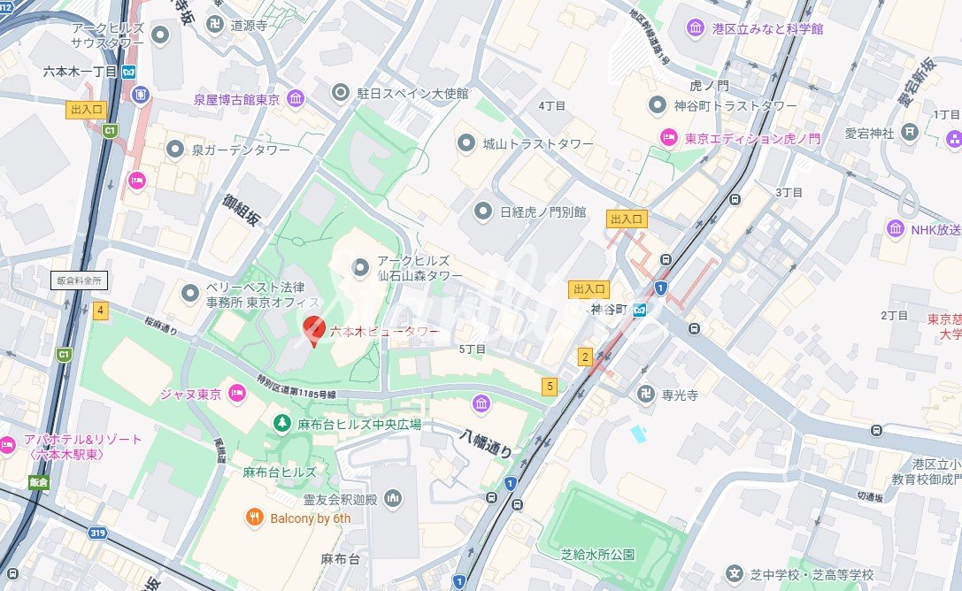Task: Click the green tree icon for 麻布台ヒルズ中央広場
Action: (x=281, y=425)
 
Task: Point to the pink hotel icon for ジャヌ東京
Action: (x=236, y=394)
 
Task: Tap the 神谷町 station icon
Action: (x=639, y=310)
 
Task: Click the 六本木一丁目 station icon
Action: (x=130, y=72)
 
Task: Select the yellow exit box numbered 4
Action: (x=101, y=311)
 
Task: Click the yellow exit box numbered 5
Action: (x=550, y=386)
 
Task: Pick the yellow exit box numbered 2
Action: (x=584, y=357)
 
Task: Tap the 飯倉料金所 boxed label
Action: (x=79, y=280)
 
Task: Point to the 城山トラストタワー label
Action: (x=525, y=143)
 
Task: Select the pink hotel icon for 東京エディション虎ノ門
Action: (x=668, y=138)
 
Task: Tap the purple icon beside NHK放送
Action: (x=896, y=230)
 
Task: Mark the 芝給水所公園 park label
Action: (x=597, y=555)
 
